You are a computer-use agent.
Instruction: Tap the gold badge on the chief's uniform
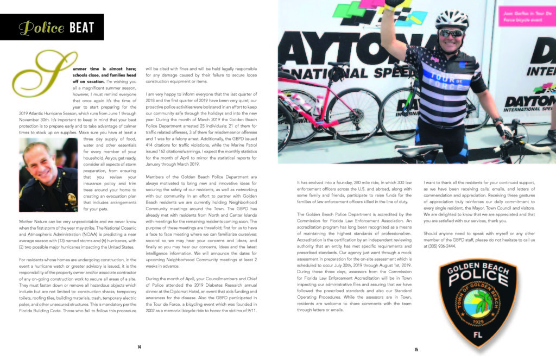tap(71, 198)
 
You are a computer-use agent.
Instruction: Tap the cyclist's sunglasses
tap(450, 33)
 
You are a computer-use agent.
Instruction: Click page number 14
tap(139, 346)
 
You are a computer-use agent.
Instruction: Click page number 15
tap(416, 350)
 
